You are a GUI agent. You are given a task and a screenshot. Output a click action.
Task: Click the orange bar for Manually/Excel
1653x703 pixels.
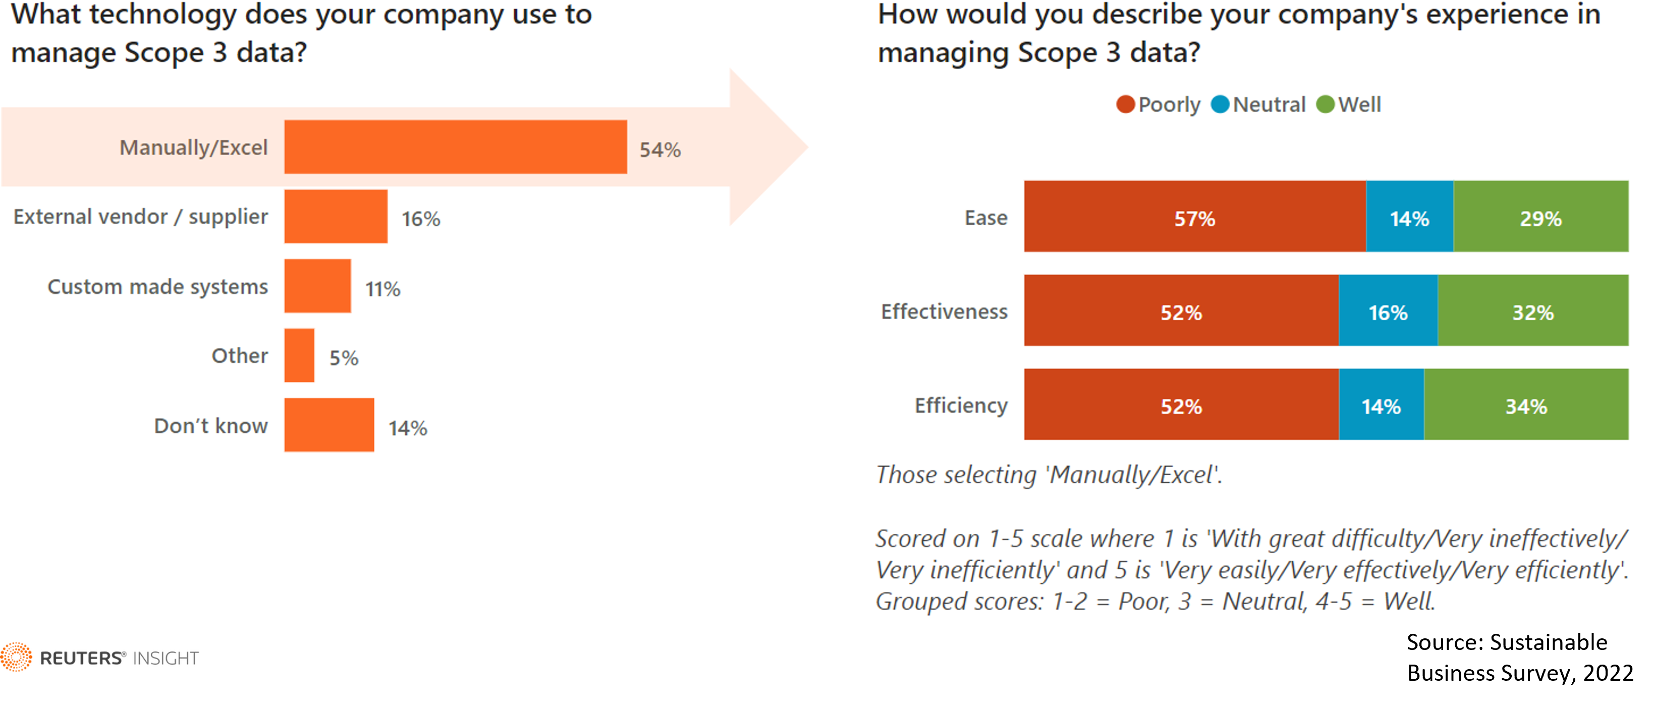455,147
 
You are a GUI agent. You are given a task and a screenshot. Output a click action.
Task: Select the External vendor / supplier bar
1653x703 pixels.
336,216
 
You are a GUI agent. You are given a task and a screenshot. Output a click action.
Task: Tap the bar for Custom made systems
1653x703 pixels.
318,286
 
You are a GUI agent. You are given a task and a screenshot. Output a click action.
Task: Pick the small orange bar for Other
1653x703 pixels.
299,355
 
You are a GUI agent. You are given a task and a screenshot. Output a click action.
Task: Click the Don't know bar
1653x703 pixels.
329,424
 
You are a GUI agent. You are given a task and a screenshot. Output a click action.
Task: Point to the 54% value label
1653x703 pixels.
659,149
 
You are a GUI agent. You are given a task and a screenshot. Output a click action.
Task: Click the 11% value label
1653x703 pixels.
382,289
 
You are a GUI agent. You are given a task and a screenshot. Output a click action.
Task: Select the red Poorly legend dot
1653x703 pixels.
1126,104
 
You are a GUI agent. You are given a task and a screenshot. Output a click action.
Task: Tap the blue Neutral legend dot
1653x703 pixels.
1220,104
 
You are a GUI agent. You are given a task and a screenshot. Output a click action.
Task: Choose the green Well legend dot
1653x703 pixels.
1325,104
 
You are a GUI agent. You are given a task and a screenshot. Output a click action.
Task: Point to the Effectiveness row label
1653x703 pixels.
944,312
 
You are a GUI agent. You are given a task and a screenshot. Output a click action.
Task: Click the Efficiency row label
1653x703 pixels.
961,405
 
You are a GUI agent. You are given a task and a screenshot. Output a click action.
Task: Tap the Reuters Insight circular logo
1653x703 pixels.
16,658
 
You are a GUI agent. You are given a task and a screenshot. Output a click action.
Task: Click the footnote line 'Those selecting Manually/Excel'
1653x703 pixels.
1049,475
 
